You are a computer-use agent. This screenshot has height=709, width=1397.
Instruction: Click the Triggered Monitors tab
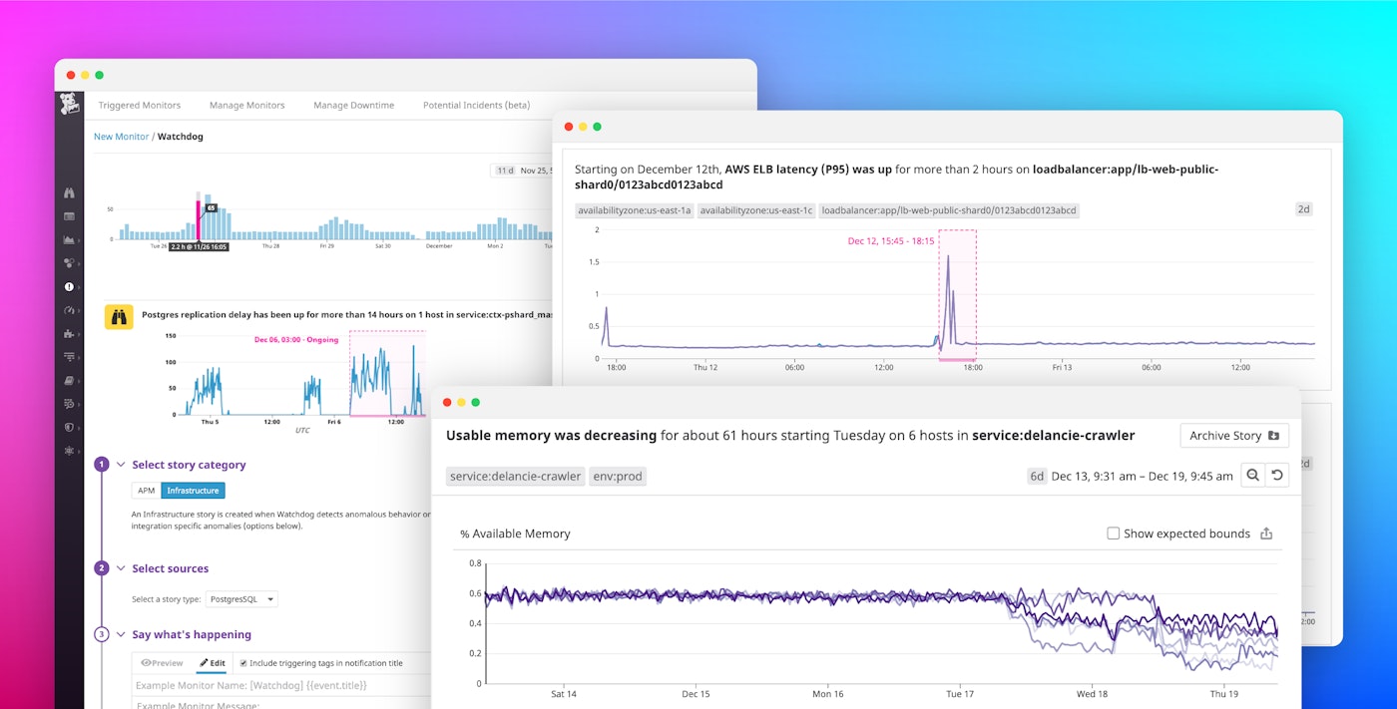(139, 105)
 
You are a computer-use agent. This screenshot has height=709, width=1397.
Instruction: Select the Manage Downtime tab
(353, 105)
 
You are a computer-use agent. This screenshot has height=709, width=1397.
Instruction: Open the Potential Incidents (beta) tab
(476, 105)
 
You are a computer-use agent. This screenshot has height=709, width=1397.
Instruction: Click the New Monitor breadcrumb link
(121, 137)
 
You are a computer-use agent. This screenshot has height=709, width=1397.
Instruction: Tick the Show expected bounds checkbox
(1113, 533)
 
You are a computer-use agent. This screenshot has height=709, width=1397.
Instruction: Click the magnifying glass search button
(1252, 476)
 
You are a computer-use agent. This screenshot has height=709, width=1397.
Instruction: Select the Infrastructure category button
(193, 491)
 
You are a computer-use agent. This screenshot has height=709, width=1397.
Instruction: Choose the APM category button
(146, 491)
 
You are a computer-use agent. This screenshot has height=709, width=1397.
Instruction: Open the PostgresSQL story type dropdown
(241, 599)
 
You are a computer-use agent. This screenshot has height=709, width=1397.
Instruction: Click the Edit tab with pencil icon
(212, 663)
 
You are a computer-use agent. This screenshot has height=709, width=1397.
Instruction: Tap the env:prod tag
(617, 477)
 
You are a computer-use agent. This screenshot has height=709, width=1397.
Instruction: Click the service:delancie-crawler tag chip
(515, 477)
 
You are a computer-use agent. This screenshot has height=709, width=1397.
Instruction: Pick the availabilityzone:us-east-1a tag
(634, 210)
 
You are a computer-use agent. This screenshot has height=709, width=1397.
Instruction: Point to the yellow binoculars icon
(119, 317)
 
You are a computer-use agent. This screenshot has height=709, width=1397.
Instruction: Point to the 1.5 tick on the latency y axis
(594, 262)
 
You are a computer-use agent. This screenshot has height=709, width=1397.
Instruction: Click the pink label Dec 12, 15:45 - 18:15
(890, 241)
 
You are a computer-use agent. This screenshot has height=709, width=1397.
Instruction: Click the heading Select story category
(189, 465)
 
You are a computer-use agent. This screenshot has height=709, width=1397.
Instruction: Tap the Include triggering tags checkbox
(243, 662)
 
